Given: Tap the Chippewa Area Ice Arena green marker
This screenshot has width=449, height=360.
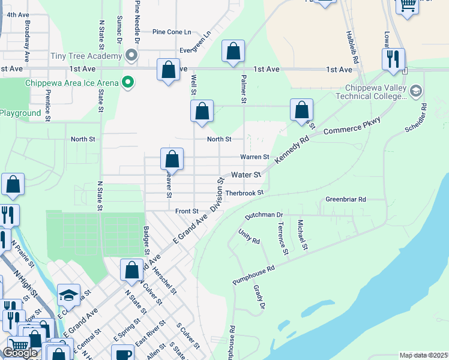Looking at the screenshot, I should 127,82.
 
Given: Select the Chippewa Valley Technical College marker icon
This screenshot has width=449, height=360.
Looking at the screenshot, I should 415,91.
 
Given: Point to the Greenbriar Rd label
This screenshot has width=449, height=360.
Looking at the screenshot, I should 345,199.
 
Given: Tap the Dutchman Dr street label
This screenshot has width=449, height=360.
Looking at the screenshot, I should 264,214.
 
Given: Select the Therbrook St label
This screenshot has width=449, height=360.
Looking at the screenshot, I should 244,193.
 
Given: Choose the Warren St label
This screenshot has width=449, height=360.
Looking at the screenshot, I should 255,157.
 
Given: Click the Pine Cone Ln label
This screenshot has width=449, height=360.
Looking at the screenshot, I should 172,32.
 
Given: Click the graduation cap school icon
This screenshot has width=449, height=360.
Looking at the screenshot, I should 69,295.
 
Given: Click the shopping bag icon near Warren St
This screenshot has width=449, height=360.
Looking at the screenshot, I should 172,160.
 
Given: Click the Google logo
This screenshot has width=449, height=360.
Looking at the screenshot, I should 20,353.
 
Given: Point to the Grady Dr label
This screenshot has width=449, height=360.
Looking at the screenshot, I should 259,298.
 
